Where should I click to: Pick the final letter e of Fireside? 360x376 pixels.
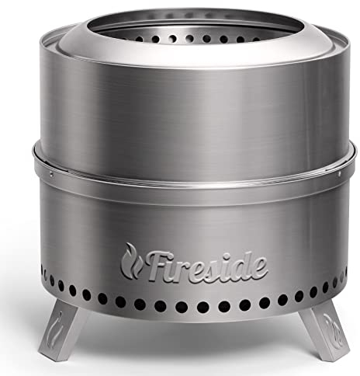(x=259, y=268)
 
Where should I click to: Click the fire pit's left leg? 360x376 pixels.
(x=60, y=329)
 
